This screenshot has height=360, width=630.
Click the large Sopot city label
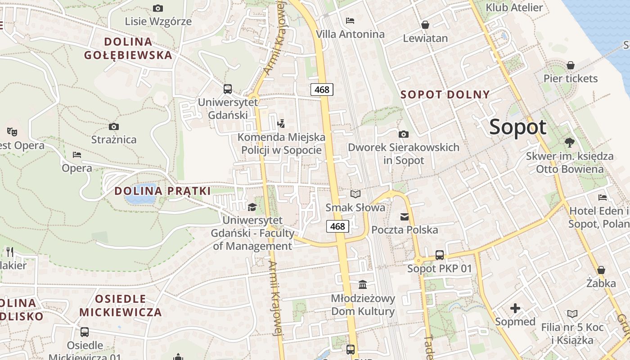pyautogui.click(x=517, y=127)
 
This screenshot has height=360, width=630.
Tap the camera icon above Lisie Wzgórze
pyautogui.click(x=157, y=8)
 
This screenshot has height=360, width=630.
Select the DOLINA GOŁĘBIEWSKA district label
pyautogui.click(x=128, y=49)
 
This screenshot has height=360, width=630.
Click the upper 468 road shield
pyautogui.click(x=322, y=90)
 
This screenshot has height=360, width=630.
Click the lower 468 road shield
pyautogui.click(x=337, y=226)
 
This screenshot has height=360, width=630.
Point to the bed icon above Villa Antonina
pyautogui.click(x=350, y=21)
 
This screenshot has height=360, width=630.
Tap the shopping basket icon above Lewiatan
pyautogui.click(x=425, y=25)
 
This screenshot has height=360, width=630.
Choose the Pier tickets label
pyautogui.click(x=570, y=79)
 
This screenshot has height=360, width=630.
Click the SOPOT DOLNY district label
pyautogui.click(x=445, y=95)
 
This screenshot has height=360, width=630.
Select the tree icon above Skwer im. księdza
pyautogui.click(x=569, y=143)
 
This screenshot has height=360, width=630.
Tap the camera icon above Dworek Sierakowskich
pyautogui.click(x=404, y=134)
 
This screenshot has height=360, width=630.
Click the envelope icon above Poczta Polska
pyautogui.click(x=405, y=217)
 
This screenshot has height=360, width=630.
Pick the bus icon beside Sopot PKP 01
pyautogui.click(x=440, y=255)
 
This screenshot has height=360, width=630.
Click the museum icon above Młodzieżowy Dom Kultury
pyautogui.click(x=363, y=284)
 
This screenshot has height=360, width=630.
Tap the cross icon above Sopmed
pyautogui.click(x=515, y=308)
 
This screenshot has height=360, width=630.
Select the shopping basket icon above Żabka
pyautogui.click(x=601, y=270)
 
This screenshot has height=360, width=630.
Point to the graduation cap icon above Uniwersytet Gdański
pyautogui.click(x=252, y=207)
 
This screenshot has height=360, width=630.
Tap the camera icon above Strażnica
pyautogui.click(x=114, y=126)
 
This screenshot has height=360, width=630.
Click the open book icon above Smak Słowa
pyautogui.click(x=355, y=194)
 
